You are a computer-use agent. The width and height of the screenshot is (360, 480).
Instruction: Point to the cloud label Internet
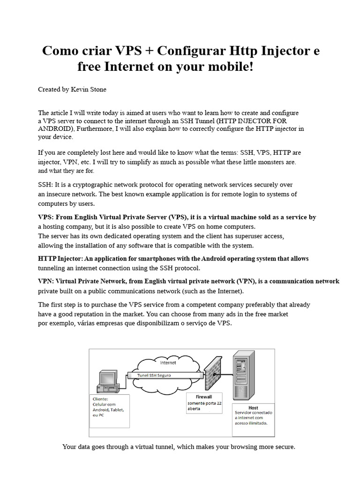[168, 362]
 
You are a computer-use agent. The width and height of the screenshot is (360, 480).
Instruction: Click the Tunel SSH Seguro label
[154, 375]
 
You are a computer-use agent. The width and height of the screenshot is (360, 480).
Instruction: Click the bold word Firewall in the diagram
[200, 397]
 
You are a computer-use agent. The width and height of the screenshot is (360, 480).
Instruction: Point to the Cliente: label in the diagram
[101, 399]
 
